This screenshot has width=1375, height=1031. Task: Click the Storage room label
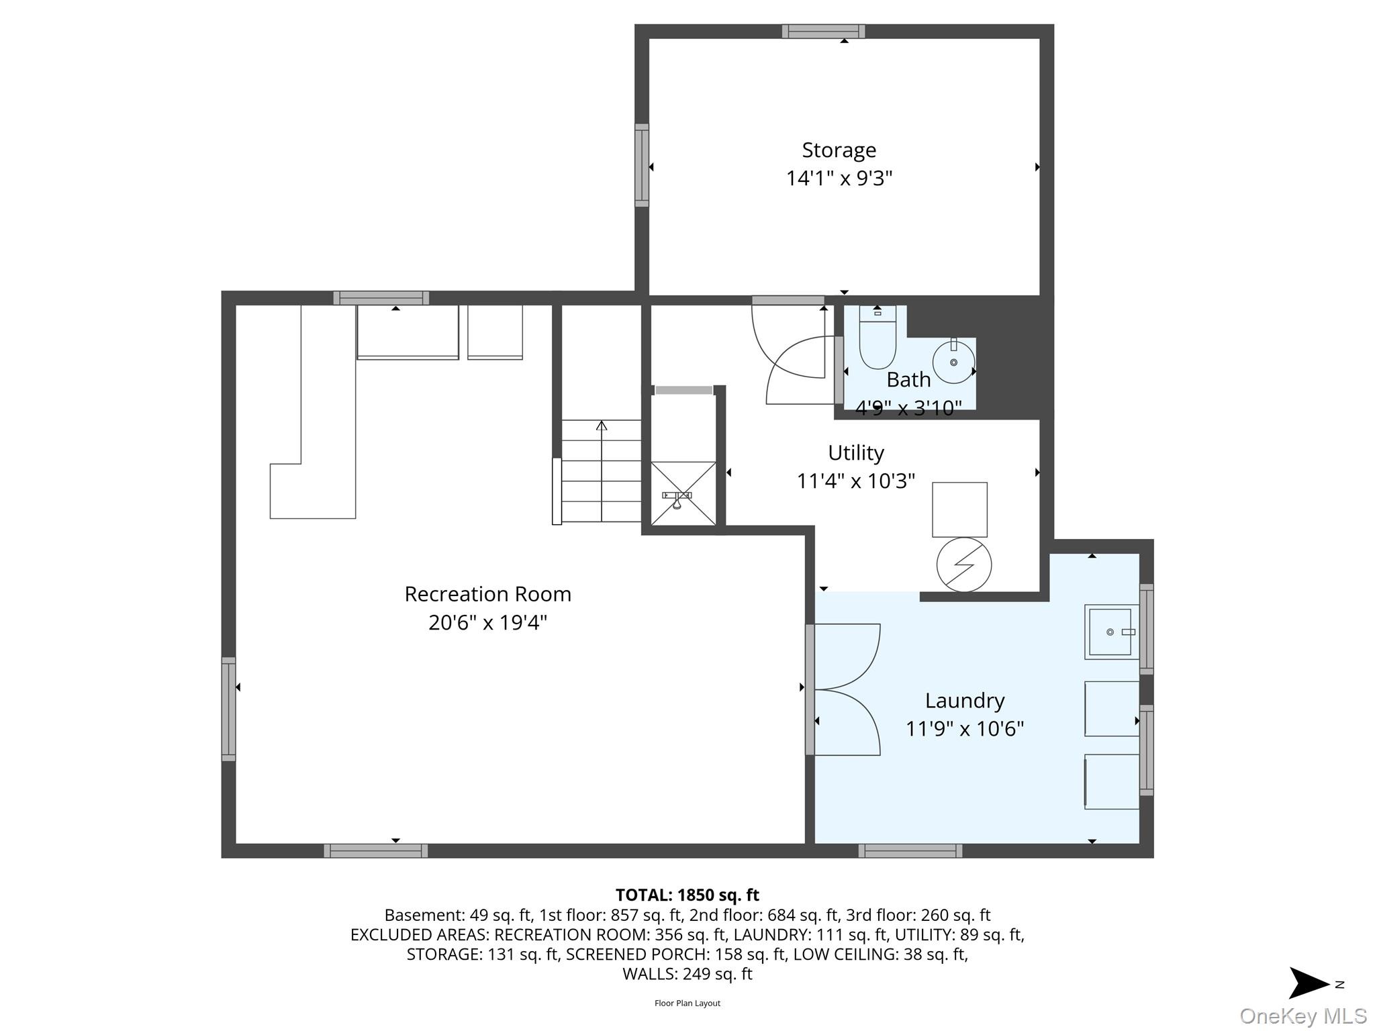pos(839,150)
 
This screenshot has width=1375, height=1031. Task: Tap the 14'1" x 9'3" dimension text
pos(839,179)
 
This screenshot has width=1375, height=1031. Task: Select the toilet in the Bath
pos(877,339)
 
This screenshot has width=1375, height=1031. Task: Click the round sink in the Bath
pos(953,362)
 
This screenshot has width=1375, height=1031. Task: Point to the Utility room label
pos(855,452)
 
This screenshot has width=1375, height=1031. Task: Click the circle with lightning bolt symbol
pos(963,564)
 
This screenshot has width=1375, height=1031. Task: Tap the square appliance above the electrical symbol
pos(959,509)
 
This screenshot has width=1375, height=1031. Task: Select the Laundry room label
pos(964,700)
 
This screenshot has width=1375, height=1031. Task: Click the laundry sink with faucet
pos(1111,632)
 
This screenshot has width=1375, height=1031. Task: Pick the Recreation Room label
pos(487,594)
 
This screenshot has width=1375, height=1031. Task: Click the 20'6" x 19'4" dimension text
pos(487,623)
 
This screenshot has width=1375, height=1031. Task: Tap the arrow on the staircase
pos(602,426)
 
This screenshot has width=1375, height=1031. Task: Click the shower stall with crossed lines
pos(683,493)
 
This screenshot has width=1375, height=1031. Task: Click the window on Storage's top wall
pos(823,31)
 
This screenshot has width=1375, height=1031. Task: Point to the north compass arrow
pos(1308,983)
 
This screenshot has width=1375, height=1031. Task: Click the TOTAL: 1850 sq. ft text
pos(687,895)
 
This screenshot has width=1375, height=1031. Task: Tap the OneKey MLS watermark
pos(1302,1016)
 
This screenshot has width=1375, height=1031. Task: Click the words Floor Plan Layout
pos(687,1003)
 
